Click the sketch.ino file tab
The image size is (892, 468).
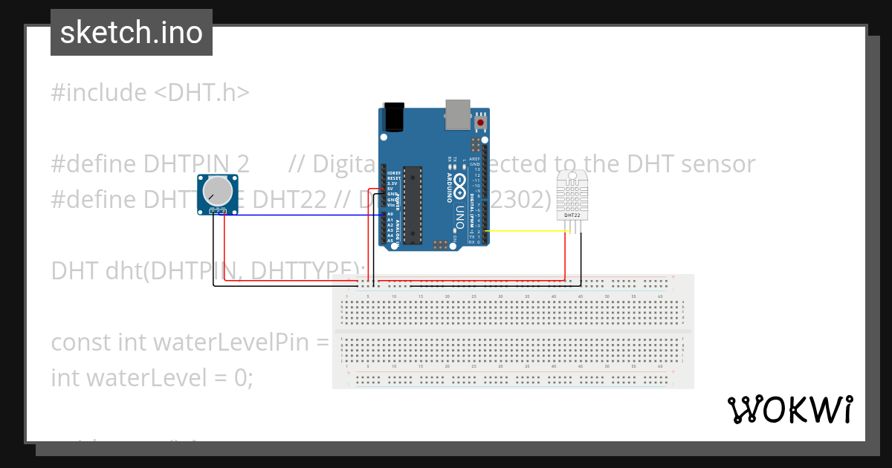point(132,33)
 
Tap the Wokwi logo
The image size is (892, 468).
point(790,409)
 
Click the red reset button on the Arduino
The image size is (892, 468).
point(480,122)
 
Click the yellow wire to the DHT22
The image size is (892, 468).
point(528,231)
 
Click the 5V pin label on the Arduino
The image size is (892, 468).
point(391,189)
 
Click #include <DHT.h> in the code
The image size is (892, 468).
point(150,93)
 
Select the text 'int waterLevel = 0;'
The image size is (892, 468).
point(152,377)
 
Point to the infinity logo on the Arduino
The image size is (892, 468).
point(460,181)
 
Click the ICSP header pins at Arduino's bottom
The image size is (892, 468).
point(442,244)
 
